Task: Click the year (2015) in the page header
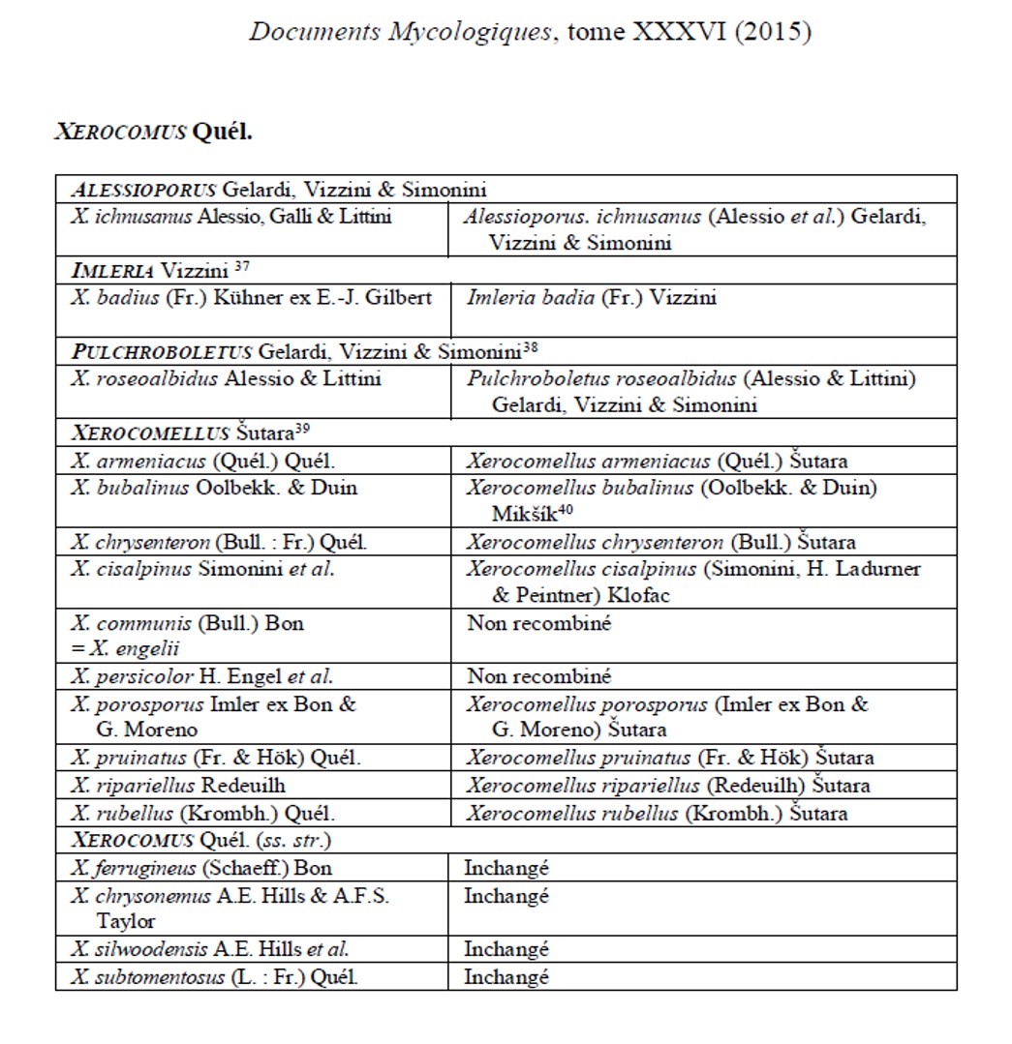tap(771, 32)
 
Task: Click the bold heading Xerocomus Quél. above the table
tap(152, 132)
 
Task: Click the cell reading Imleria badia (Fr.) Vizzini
tap(592, 298)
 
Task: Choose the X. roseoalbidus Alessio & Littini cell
tap(226, 378)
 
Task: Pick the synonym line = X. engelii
tap(117, 649)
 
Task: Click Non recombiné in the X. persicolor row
tap(538, 676)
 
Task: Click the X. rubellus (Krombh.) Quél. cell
tap(203, 814)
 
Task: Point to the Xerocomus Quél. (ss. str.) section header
tap(200, 840)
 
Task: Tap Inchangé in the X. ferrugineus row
tap(506, 868)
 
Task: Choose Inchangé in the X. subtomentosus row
tap(506, 976)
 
